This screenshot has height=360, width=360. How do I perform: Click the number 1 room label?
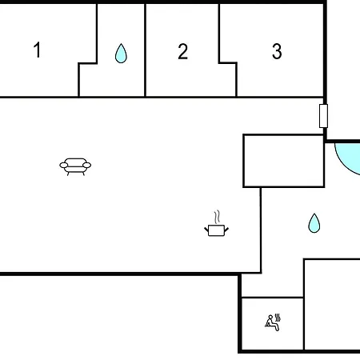[x=38, y=50]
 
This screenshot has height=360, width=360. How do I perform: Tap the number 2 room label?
[x=183, y=51]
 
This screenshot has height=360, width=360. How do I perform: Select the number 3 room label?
[x=277, y=51]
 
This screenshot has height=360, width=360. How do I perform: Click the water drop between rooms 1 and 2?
[x=121, y=54]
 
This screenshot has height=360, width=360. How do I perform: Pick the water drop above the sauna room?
[x=314, y=223]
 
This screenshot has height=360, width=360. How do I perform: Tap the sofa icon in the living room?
[x=75, y=166]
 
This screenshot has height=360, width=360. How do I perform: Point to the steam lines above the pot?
[x=217, y=217]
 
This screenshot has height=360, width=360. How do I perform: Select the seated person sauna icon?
[x=272, y=323]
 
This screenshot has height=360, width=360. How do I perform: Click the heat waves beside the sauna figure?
[x=278, y=318]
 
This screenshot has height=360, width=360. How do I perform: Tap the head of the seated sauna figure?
[x=270, y=317]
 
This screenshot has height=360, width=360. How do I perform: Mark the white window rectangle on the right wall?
[x=323, y=116]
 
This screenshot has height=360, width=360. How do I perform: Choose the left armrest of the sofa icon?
[x=63, y=166]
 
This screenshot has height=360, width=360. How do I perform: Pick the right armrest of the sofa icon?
[x=87, y=166]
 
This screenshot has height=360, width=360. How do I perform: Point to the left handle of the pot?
[x=206, y=230]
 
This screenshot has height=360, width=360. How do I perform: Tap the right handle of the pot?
[x=226, y=230]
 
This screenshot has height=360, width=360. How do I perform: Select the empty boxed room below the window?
[x=284, y=161]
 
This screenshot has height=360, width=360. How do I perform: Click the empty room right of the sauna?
[x=332, y=304]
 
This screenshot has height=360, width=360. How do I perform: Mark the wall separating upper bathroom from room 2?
[x=145, y=50]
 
